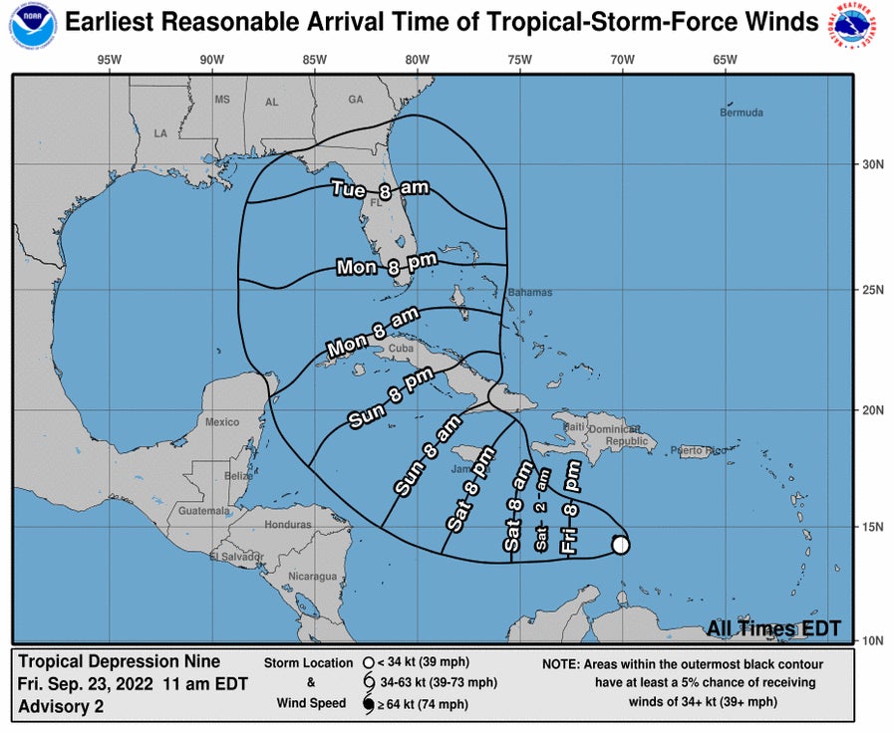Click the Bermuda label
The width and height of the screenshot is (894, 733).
click(741, 114)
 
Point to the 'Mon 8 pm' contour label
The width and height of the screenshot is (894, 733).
click(384, 263)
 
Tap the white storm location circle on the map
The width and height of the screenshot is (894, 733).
click(620, 545)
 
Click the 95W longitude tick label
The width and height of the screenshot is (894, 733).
click(110, 60)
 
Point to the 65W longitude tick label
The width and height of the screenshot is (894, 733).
click(726, 60)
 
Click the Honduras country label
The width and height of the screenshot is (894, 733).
click(288, 525)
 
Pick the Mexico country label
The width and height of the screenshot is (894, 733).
click(222, 422)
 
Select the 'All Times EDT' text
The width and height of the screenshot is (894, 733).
click(773, 628)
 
